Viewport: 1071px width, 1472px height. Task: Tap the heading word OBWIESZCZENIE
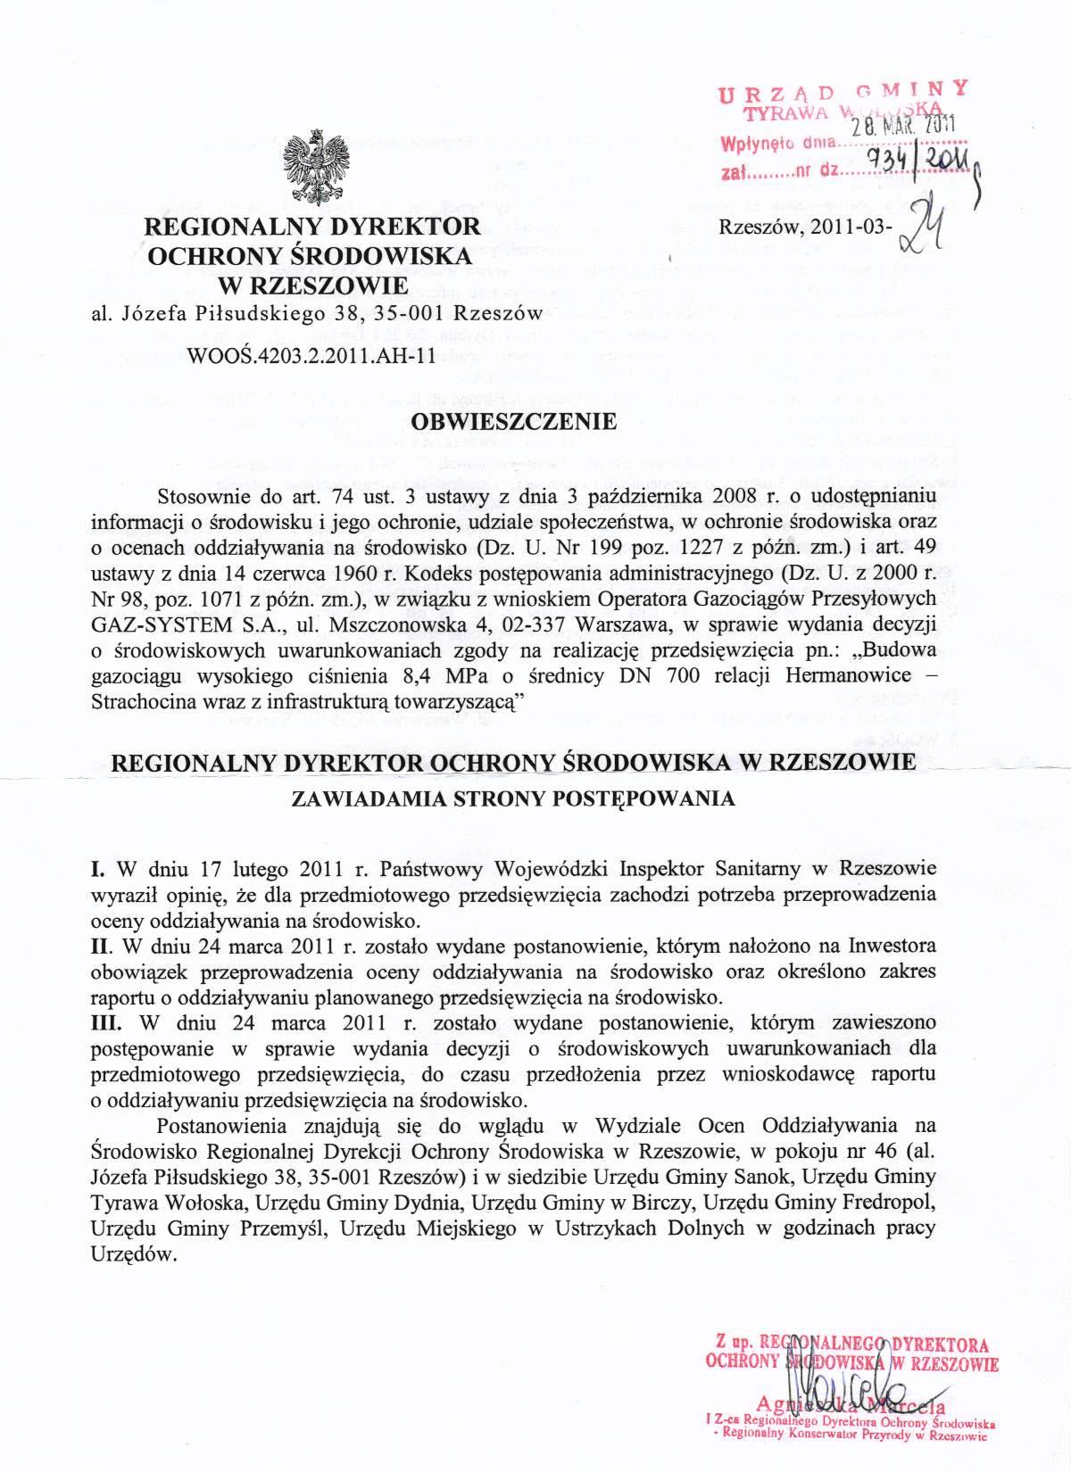click(514, 421)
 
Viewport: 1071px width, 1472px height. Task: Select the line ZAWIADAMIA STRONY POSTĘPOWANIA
click(514, 799)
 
